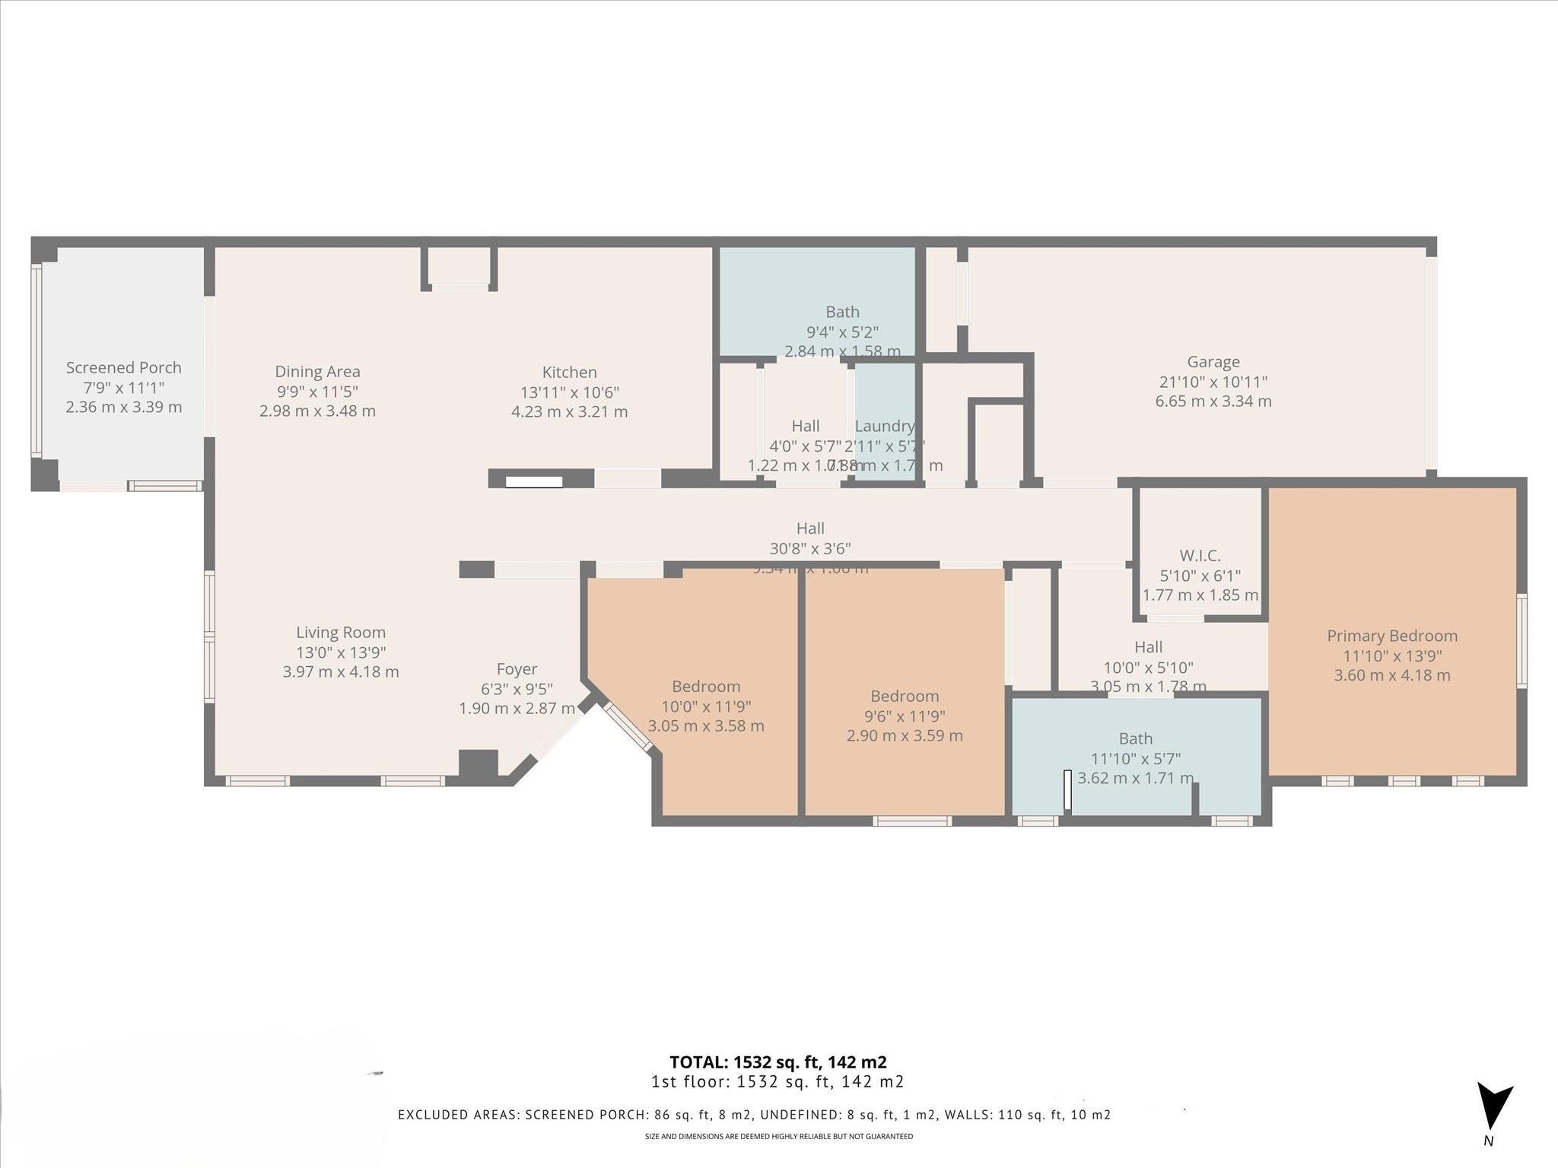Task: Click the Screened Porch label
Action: (123, 368)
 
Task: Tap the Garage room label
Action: (1213, 363)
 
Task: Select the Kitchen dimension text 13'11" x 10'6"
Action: (569, 392)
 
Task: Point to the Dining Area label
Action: (317, 372)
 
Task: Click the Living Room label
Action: (341, 633)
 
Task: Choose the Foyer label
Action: (517, 669)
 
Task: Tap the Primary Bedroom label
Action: (1391, 636)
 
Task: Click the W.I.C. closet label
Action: (1200, 556)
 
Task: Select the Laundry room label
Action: (884, 426)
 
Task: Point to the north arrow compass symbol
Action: (1493, 1106)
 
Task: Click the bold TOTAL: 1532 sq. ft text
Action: (777, 1062)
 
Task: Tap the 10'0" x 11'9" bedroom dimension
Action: (705, 706)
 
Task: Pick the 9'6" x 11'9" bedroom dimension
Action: (904, 716)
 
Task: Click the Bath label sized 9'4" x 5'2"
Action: (842, 312)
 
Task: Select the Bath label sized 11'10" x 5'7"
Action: (1135, 738)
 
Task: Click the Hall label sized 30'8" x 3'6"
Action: (810, 528)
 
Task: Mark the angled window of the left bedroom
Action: (628, 727)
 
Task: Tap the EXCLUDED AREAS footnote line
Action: (754, 1115)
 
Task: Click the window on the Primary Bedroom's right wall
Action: (1521, 641)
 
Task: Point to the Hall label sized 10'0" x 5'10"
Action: (1148, 647)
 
